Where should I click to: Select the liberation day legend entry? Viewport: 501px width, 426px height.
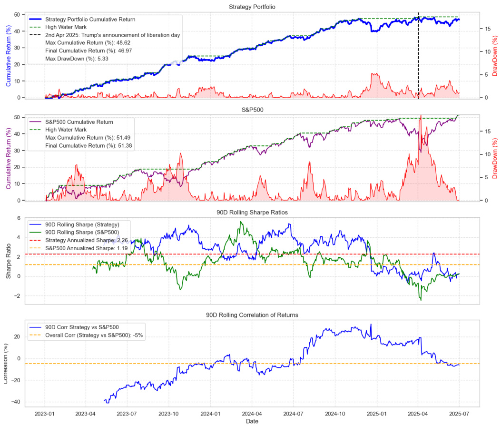(x=112, y=35)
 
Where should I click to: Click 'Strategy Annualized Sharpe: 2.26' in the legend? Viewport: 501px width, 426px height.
(x=94, y=248)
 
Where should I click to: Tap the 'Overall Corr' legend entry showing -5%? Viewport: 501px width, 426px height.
(x=94, y=335)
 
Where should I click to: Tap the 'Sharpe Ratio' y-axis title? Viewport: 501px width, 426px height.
(x=9, y=260)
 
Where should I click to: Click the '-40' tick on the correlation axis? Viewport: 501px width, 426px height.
(x=16, y=402)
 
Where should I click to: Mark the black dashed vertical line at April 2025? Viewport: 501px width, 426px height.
(x=418, y=48)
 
